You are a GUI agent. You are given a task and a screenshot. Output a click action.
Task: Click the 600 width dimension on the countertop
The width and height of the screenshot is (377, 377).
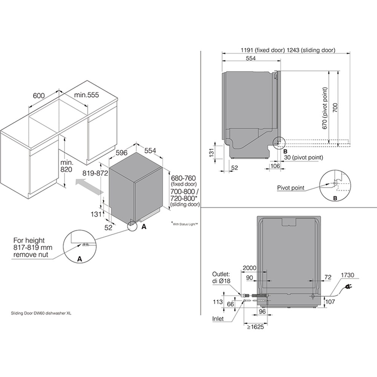[39, 95]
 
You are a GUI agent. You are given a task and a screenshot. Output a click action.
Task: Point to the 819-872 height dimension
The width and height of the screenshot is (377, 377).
[96, 173]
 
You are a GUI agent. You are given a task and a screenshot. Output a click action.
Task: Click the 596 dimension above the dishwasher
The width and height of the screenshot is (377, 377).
[121, 153]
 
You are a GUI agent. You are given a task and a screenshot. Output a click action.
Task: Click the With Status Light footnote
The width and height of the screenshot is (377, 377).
[185, 223]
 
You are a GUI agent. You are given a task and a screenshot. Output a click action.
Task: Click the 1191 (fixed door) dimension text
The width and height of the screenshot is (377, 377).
[262, 50]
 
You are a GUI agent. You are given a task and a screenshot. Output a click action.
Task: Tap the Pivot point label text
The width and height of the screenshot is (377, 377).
[290, 187]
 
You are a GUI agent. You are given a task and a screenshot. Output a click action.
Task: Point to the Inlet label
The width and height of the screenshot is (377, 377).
[218, 319]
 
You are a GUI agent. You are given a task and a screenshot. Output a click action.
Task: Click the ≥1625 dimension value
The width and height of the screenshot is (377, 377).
[255, 327]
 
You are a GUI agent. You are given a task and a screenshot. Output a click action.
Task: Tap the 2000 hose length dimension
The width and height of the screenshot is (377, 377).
[249, 268]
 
